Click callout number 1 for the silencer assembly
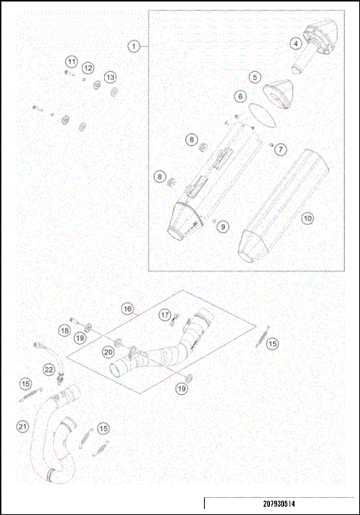point(134,46)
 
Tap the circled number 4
point(295,43)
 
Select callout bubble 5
point(255,76)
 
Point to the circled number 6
point(240,96)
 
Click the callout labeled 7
point(280,149)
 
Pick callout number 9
point(224,226)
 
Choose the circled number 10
point(307,218)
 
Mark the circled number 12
point(88,68)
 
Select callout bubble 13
point(110,77)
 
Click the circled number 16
point(127,308)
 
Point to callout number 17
point(165,316)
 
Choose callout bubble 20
point(109,351)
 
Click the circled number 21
point(22,426)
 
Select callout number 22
point(49,369)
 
